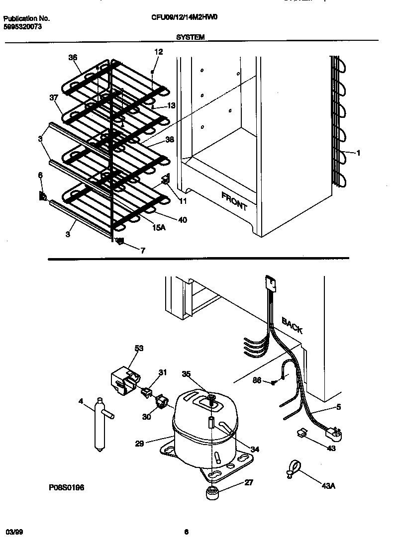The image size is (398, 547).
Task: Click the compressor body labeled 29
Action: click(x=204, y=433)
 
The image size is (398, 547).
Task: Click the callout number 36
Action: click(x=73, y=58)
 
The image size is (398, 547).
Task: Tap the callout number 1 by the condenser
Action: click(x=358, y=153)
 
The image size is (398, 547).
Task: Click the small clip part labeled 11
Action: click(x=166, y=181)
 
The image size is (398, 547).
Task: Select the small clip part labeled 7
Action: click(x=119, y=242)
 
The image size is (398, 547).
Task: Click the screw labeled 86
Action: click(x=273, y=382)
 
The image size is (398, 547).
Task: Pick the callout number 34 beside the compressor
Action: click(x=254, y=449)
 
